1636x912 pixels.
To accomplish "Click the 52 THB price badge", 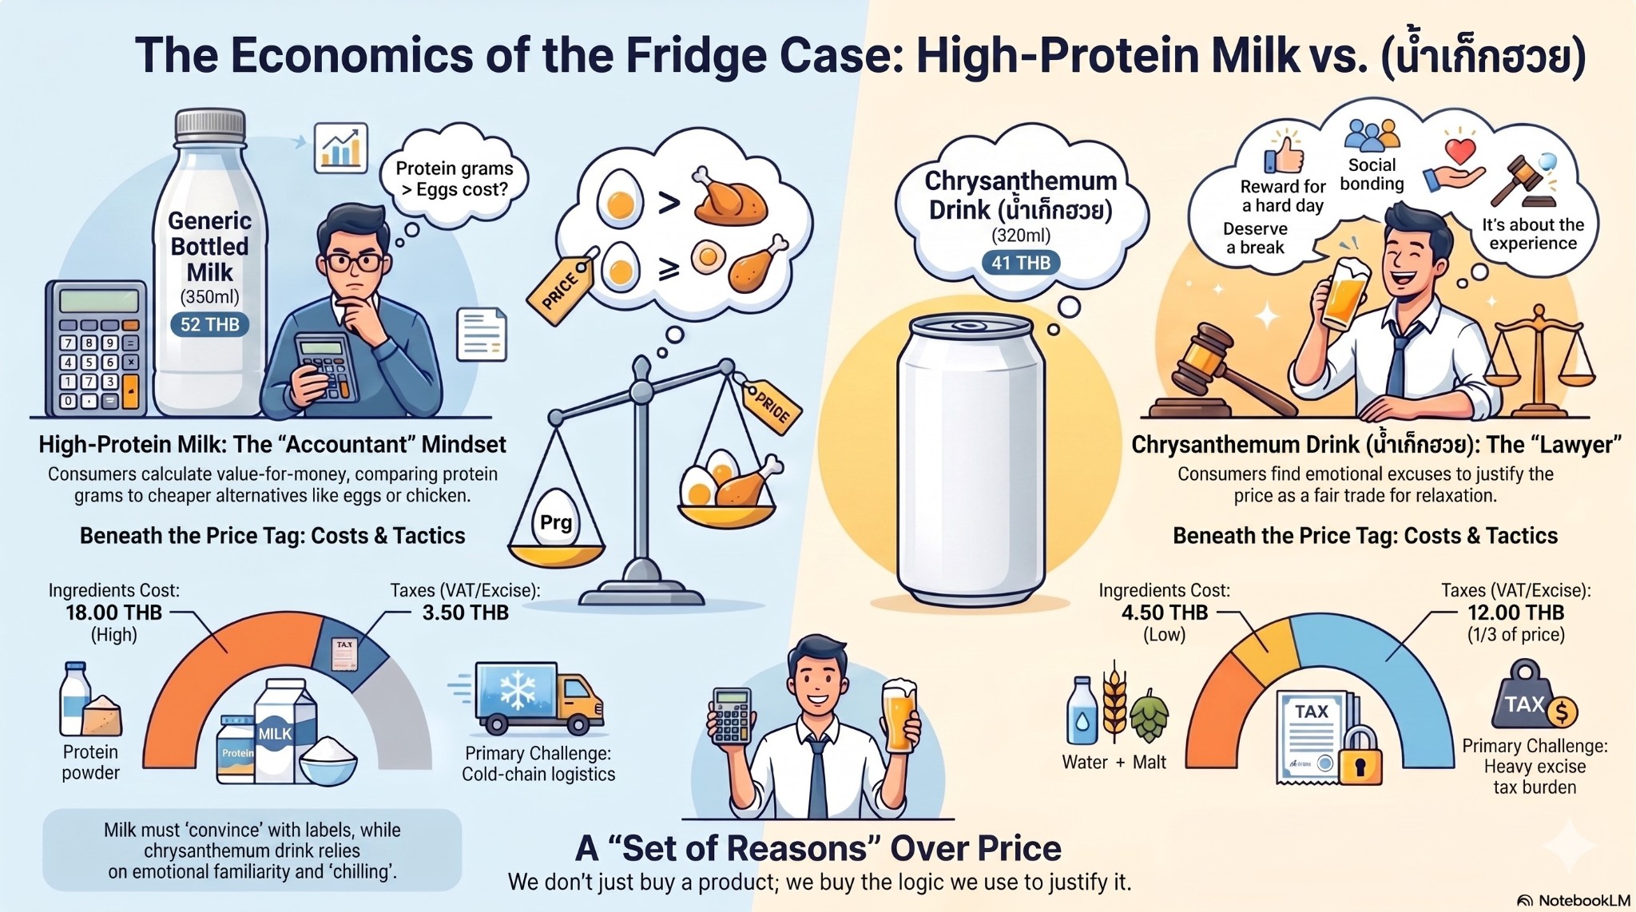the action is click(x=209, y=325).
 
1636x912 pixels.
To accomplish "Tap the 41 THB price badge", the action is click(x=1021, y=263).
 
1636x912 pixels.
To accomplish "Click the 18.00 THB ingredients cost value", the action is click(x=113, y=613).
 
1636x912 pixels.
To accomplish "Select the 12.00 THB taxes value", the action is click(x=1515, y=613).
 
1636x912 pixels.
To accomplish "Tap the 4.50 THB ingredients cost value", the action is click(x=1164, y=613).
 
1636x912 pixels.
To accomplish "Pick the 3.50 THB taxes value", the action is click(x=465, y=613).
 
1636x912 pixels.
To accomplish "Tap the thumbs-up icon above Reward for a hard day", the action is click(x=1284, y=151).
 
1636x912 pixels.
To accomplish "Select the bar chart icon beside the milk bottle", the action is click(x=341, y=148).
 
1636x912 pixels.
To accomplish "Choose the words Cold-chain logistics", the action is click(x=538, y=774).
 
